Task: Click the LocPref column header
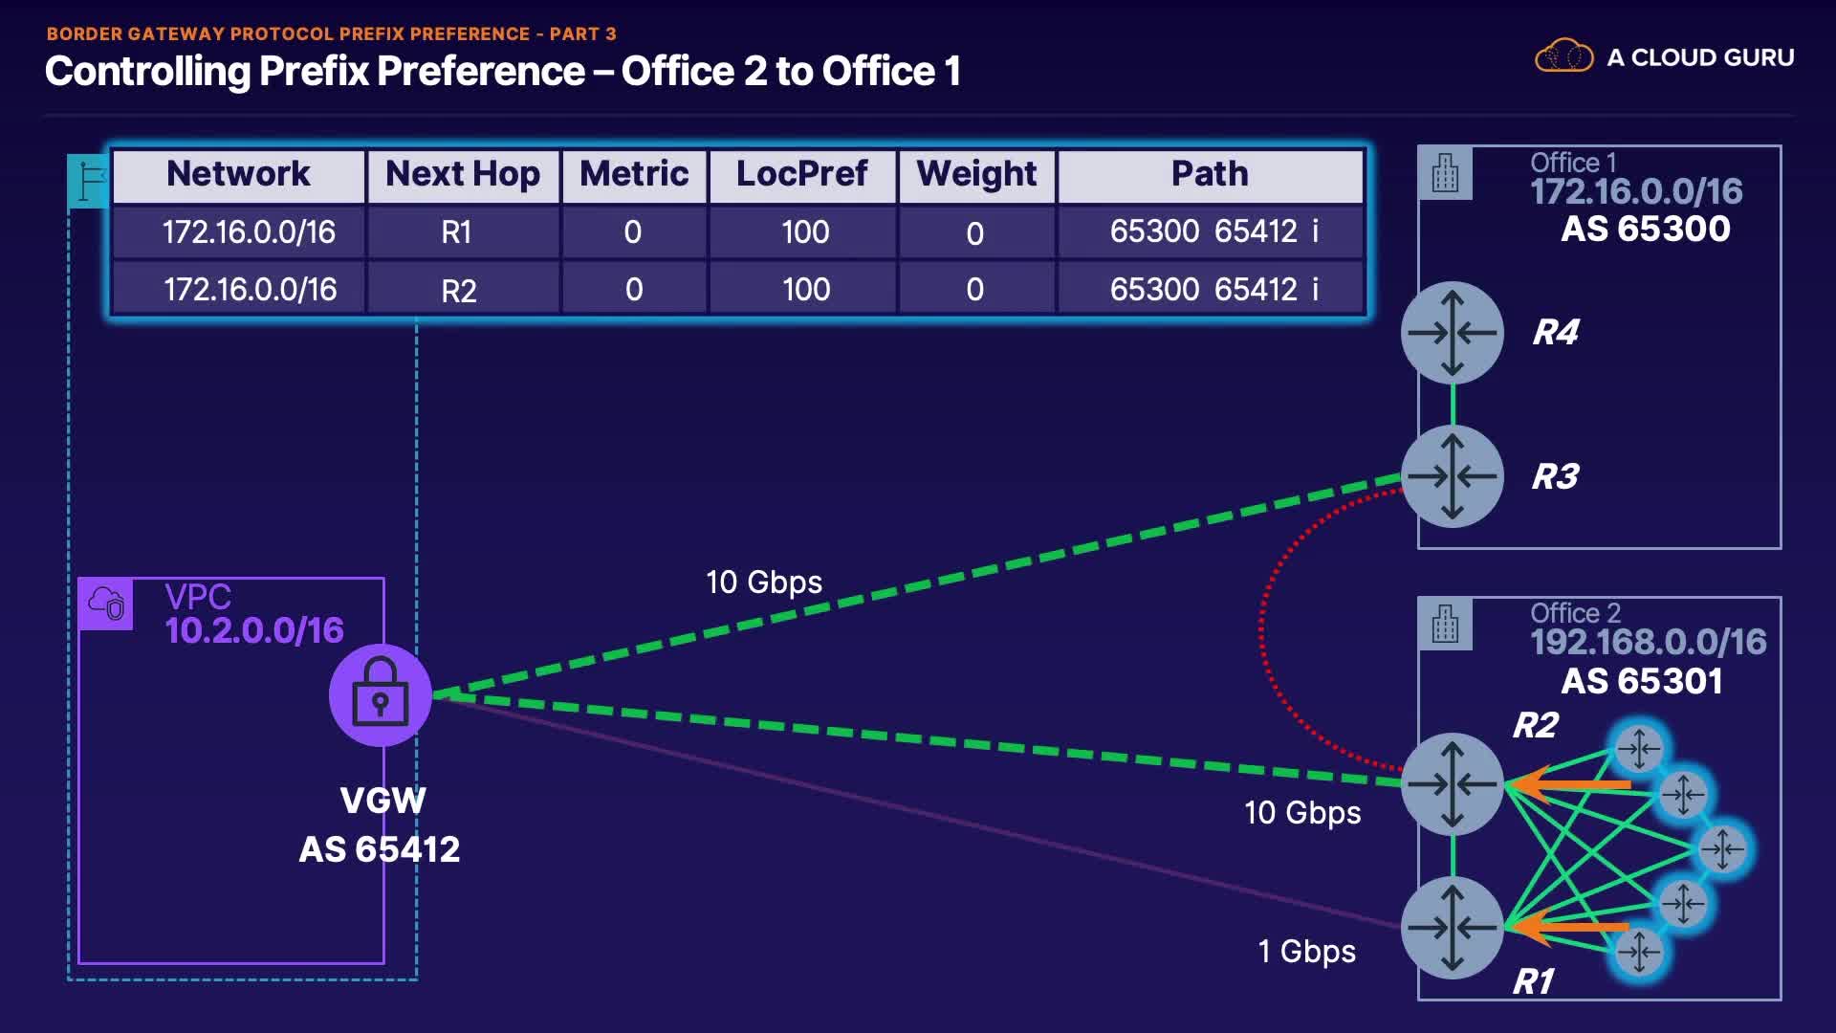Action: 801,174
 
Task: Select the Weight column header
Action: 976,174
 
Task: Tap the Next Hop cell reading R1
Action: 456,232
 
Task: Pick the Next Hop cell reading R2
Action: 459,290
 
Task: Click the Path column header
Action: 1210,174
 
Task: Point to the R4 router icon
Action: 1452,333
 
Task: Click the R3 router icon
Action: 1452,476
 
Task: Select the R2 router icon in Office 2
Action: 1452,784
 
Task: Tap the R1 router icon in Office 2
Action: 1452,927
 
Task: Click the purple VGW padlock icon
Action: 381,695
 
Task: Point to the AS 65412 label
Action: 380,849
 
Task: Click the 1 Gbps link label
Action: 1306,952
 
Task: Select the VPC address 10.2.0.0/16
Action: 254,630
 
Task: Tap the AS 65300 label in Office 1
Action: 1646,230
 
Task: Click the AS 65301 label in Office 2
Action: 1642,681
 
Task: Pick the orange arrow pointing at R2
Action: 1568,784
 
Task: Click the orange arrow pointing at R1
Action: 1568,927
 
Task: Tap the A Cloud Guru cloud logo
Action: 1563,56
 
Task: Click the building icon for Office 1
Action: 1445,173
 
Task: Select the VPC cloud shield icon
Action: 106,604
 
